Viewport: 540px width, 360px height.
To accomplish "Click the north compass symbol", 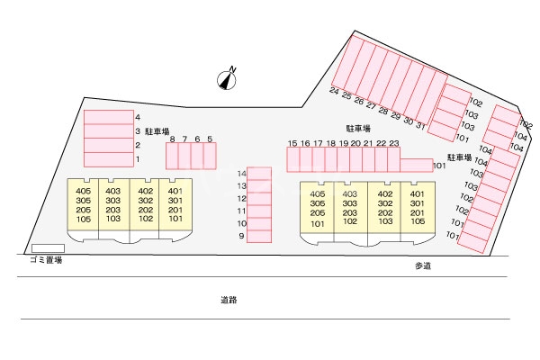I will pos(227,80).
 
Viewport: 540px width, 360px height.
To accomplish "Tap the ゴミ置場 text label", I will pos(45,259).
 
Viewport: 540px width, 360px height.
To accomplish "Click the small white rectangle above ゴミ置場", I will pos(48,247).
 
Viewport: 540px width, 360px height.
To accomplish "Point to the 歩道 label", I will pos(423,265).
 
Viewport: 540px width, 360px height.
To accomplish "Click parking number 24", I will pos(334,92).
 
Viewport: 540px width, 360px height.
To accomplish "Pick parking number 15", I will pos(292,143).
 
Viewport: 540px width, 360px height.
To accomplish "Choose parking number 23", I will pos(393,143).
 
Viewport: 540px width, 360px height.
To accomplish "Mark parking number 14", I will pos(241,173).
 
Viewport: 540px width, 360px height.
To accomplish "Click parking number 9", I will pos(241,236).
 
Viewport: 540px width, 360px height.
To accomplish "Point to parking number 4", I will pos(138,117).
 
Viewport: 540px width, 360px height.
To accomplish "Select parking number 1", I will pos(138,159).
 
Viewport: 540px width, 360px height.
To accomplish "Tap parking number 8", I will pos(172,139).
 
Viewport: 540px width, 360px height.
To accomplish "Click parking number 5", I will pos(210,139).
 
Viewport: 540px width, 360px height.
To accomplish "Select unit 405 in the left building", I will pos(84,191).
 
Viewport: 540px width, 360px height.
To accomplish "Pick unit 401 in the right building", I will pos(417,193).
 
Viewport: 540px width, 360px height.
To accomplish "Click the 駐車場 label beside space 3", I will pos(157,131).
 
